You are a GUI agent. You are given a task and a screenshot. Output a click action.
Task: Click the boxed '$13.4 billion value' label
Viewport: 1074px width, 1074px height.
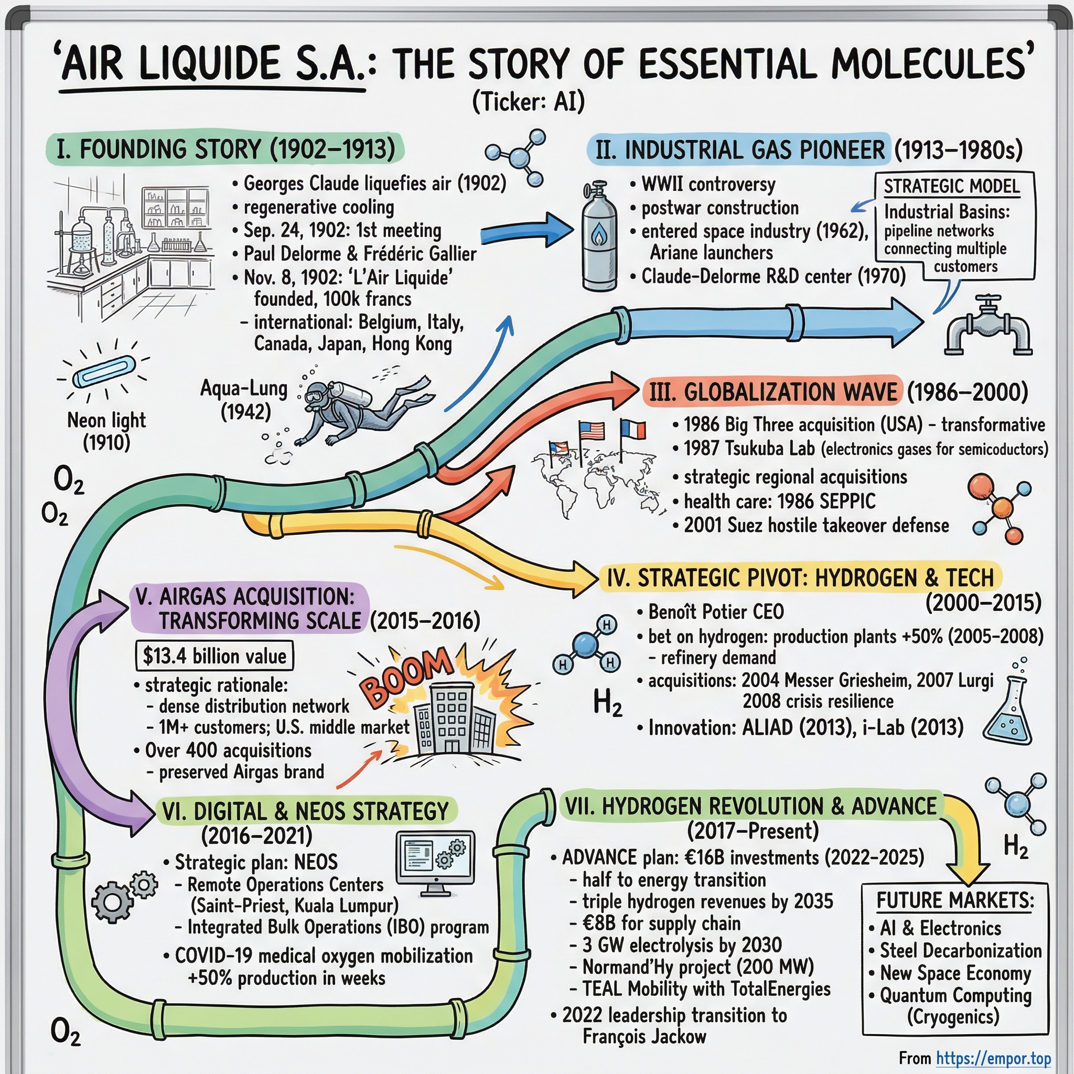(214, 656)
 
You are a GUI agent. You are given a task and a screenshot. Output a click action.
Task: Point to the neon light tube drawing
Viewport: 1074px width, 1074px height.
(104, 371)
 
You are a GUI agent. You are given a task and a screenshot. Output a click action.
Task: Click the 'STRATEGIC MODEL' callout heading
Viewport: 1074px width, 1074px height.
(952, 186)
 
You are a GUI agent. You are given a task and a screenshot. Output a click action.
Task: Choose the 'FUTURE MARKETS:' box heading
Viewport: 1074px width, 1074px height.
(955, 900)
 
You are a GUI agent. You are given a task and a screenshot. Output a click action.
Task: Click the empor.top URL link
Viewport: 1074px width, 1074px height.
(993, 1058)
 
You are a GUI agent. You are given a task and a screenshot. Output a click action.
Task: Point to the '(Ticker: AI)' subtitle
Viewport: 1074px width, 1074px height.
(528, 102)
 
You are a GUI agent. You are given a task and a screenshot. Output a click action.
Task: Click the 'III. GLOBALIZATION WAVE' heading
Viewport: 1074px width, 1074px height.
(774, 392)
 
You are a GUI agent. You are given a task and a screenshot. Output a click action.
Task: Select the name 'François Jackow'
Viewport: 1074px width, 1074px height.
(644, 1036)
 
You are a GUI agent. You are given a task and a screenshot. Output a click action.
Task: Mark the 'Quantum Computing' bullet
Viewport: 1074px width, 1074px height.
(955, 994)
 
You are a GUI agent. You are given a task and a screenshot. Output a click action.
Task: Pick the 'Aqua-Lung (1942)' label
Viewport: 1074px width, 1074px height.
(244, 400)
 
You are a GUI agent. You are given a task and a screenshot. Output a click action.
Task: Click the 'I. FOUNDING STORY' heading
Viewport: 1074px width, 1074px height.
(225, 149)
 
